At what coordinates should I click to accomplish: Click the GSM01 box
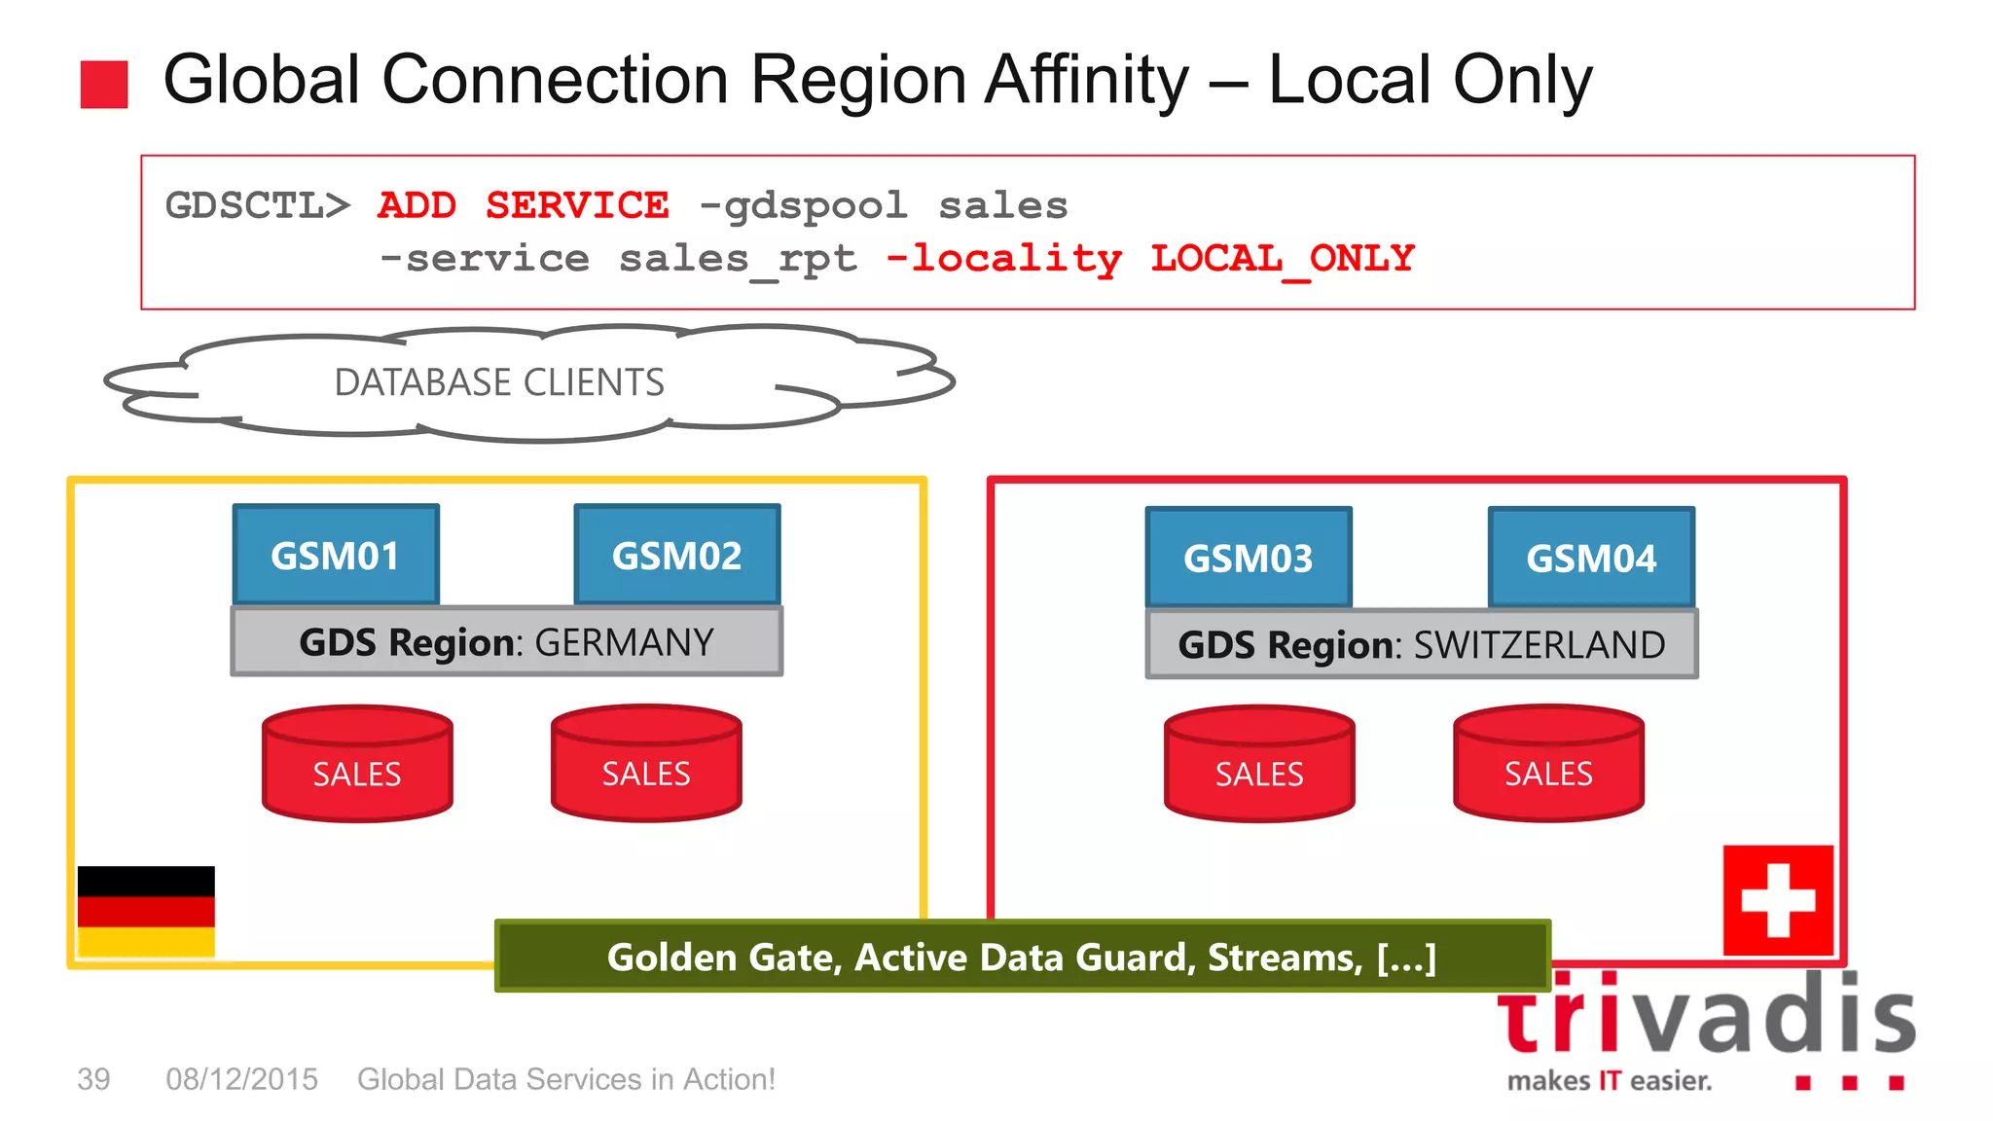pos(336,555)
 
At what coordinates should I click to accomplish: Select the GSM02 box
pos(677,555)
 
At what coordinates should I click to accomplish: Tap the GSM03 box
pos(1249,558)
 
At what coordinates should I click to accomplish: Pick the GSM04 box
pos(1591,558)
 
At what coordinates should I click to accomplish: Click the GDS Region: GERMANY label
pos(506,642)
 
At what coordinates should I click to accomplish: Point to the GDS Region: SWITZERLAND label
pos(1422,644)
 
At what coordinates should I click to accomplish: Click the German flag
pos(146,911)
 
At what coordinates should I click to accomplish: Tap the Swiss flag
pos(1778,900)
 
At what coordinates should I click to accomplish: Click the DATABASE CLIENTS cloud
pos(499,382)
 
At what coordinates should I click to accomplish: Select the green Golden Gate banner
pos(1022,957)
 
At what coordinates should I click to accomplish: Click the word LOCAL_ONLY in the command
pos(1282,258)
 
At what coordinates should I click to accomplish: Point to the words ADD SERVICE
pos(523,205)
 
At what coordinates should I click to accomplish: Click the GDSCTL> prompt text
pos(257,205)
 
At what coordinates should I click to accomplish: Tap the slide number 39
pos(93,1079)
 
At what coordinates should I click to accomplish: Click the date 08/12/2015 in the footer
pos(241,1079)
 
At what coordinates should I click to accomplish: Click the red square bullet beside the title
pos(104,84)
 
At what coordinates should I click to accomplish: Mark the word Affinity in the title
pos(1086,80)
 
